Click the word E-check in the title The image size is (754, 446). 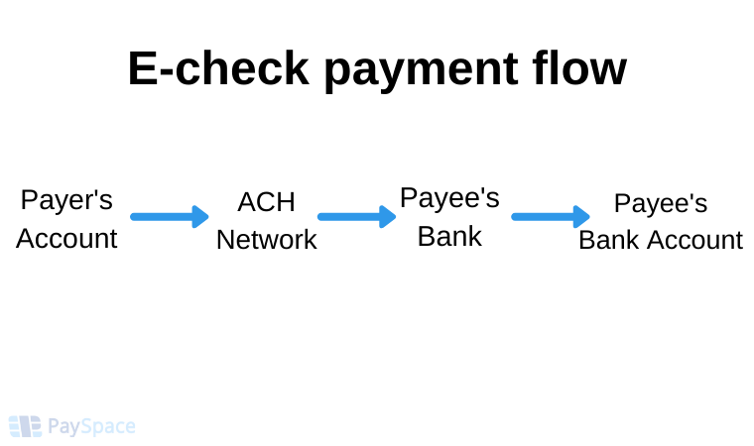pyautogui.click(x=218, y=68)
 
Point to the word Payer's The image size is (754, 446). pyautogui.click(x=66, y=200)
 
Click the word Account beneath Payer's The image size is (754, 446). pyautogui.click(x=66, y=239)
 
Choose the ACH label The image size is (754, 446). pyautogui.click(x=266, y=202)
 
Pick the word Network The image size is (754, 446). pyautogui.click(x=267, y=239)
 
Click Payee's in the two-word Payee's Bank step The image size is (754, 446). pyautogui.click(x=449, y=198)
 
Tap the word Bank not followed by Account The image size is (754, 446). pyautogui.click(x=449, y=236)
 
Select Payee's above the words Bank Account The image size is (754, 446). pyautogui.click(x=660, y=203)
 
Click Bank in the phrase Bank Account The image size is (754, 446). pyautogui.click(x=610, y=240)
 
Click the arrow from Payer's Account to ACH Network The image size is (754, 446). pyautogui.click(x=170, y=217)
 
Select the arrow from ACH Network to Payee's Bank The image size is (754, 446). pyautogui.click(x=357, y=217)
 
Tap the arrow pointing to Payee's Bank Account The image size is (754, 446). pyautogui.click(x=551, y=217)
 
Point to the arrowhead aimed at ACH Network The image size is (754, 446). pyautogui.click(x=200, y=217)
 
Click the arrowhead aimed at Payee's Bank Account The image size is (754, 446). pyautogui.click(x=581, y=217)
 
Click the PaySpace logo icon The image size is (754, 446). pyautogui.click(x=25, y=426)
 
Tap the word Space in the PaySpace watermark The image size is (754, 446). pyautogui.click(x=108, y=427)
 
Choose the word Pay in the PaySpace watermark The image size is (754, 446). pyautogui.click(x=63, y=427)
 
